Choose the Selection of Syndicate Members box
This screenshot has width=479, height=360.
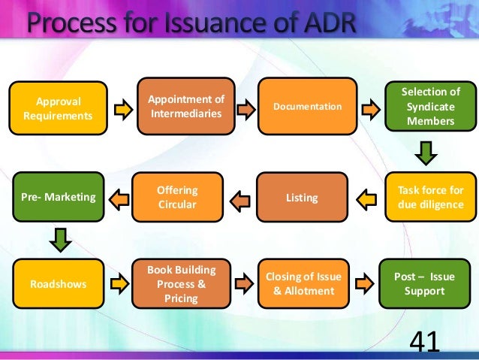pos(426,107)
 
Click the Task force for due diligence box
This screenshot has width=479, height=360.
pos(426,197)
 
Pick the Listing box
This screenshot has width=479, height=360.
pos(302,198)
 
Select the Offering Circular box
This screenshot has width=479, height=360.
pos(176,198)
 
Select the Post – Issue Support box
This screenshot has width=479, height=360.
pos(426,283)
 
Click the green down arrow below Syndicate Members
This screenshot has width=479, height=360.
pos(426,153)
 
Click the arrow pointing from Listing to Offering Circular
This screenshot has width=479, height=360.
pos(239,200)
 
